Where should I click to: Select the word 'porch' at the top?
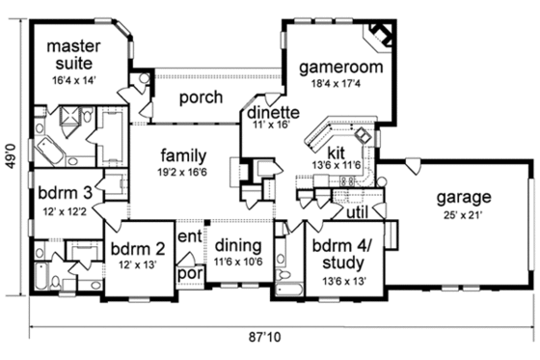202,97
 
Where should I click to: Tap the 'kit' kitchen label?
337,152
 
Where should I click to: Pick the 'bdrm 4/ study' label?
345,254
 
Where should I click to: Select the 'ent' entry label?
189,236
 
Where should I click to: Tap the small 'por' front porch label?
188,272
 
